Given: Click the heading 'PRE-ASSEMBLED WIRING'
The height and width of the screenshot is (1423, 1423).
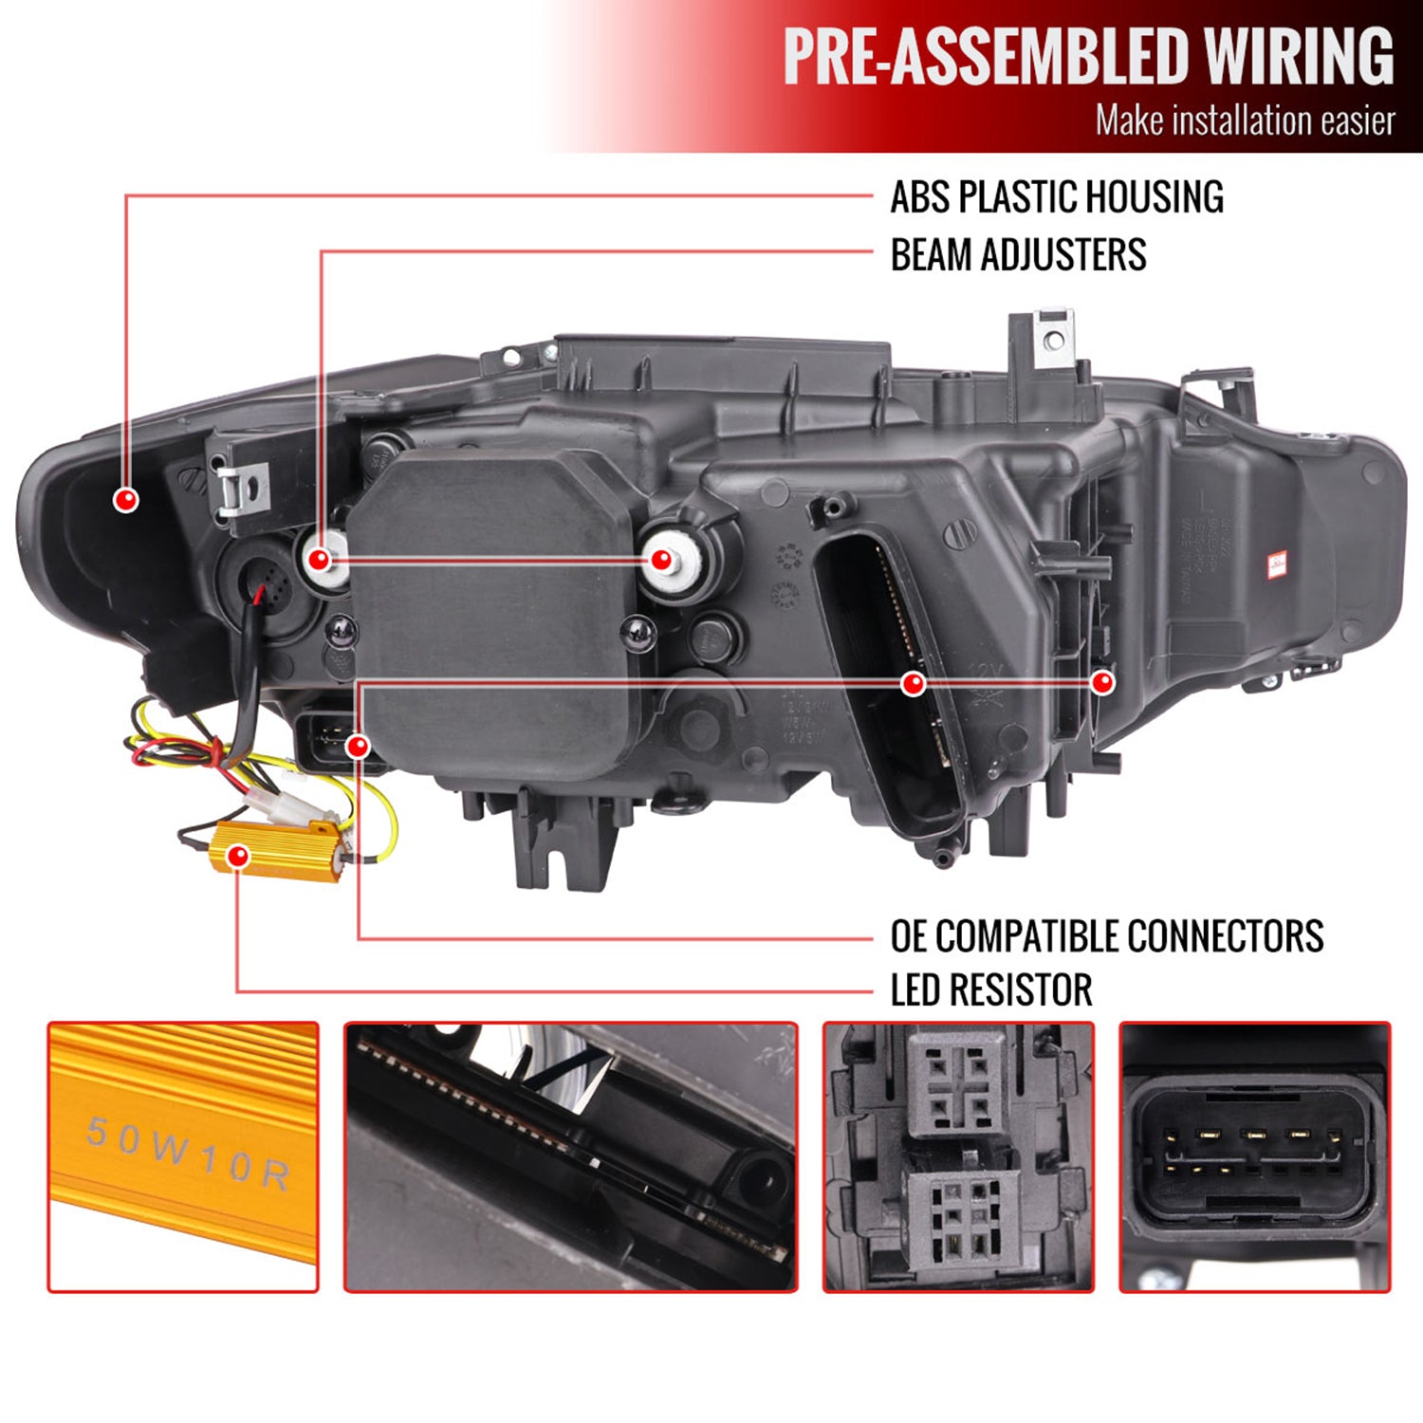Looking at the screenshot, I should (x=1088, y=56).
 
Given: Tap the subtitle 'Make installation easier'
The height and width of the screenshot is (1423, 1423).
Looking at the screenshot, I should (x=1245, y=121).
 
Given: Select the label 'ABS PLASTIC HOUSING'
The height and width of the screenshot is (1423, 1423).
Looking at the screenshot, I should (x=1056, y=197).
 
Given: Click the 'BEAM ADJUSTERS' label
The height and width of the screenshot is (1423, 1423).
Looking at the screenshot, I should (x=1018, y=255).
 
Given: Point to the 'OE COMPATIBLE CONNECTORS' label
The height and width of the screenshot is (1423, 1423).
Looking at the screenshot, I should (x=1106, y=936).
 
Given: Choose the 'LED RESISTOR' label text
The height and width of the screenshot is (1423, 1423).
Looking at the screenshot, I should (x=990, y=990).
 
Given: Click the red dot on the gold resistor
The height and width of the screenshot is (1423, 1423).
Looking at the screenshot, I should (x=239, y=857).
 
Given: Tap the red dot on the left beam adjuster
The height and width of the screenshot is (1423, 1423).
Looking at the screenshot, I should (x=320, y=559).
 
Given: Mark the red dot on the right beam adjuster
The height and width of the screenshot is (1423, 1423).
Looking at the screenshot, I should (x=661, y=560).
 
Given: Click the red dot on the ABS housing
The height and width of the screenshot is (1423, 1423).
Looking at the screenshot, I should (x=126, y=499).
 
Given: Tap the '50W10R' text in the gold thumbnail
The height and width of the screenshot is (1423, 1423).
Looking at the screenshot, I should (x=187, y=1154).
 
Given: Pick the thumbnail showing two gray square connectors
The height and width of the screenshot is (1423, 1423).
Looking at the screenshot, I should (x=958, y=1156).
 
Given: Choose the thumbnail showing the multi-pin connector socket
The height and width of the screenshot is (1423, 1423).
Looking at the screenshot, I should (x=1254, y=1156).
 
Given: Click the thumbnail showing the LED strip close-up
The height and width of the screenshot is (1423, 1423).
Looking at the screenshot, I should (x=570, y=1156).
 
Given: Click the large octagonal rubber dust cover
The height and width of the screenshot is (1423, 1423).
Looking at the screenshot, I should (x=493, y=607).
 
